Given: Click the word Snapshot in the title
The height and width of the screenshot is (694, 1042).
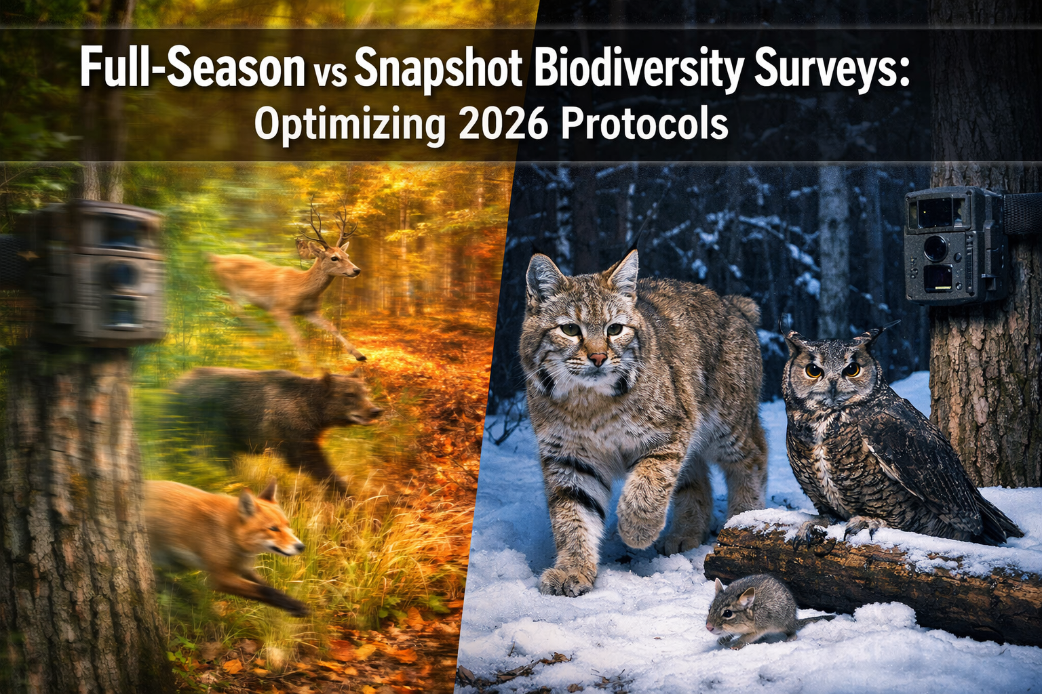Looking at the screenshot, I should [438, 68].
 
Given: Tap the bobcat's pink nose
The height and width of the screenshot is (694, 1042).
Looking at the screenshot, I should [597, 359].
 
